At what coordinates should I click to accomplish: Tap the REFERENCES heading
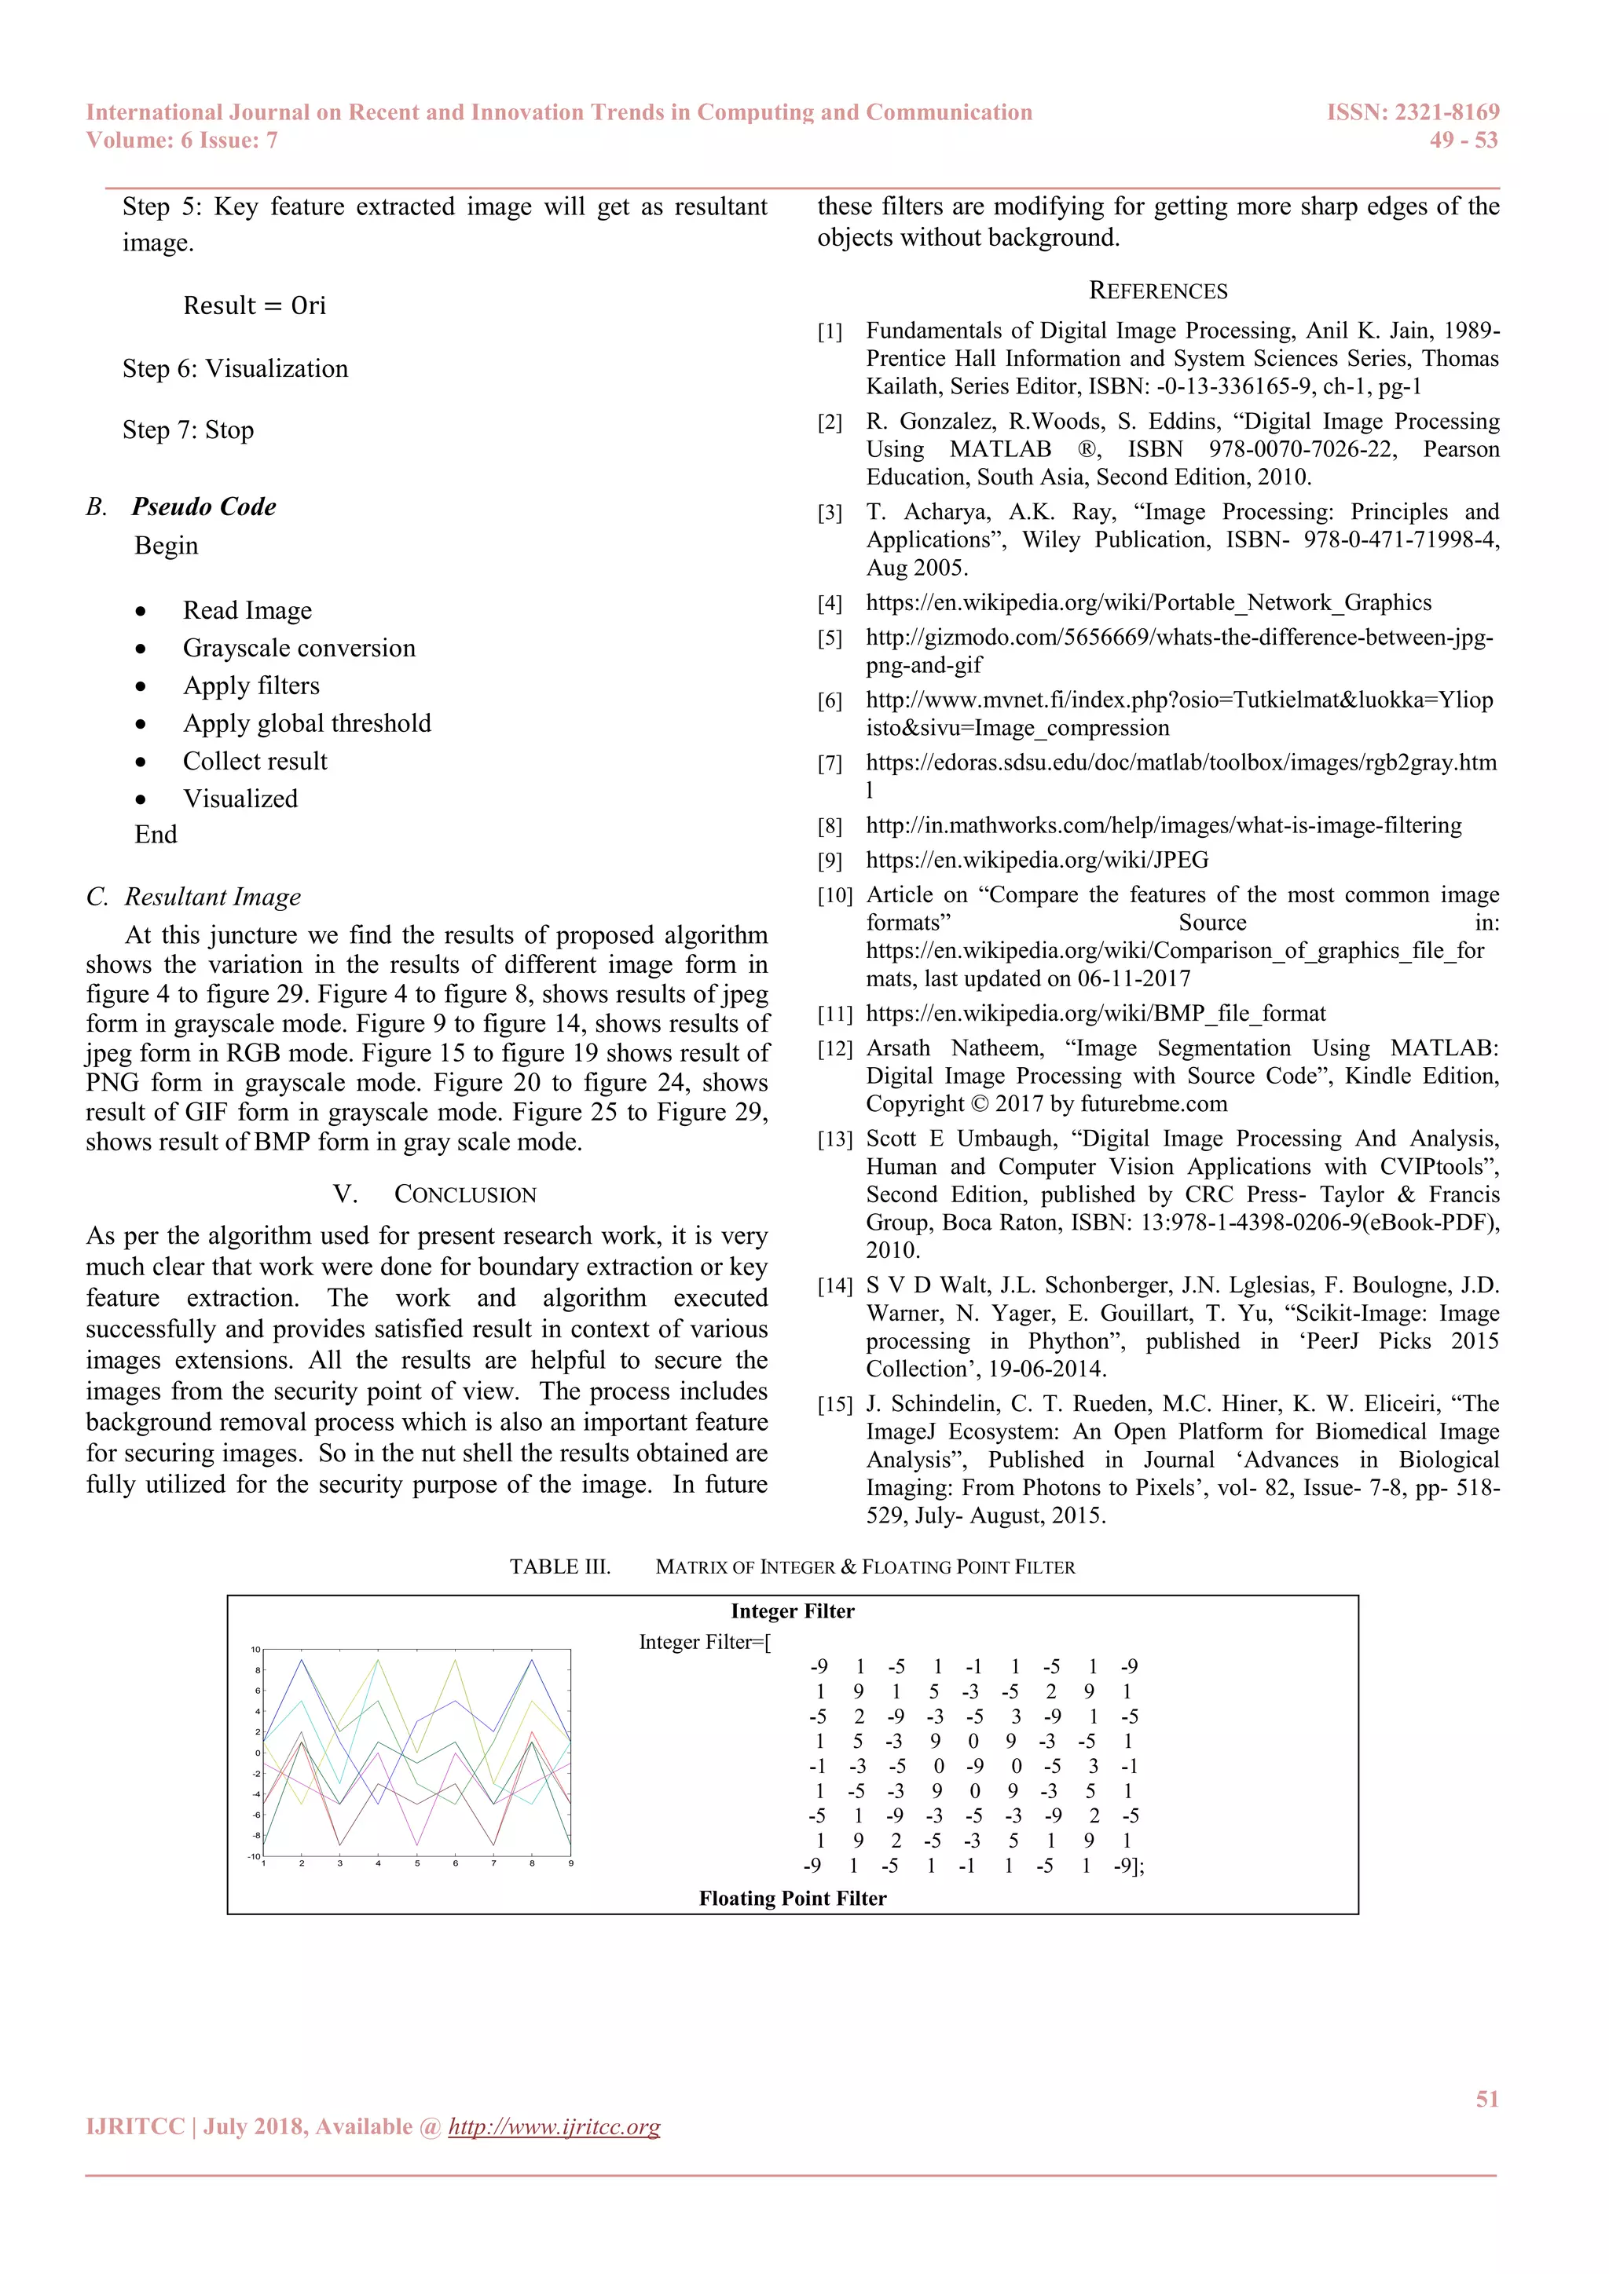point(1157,291)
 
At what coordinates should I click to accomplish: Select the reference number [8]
point(830,826)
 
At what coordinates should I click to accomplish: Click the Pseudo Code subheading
point(204,507)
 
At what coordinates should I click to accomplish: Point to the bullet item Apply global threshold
point(307,724)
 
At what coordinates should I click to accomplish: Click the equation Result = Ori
point(255,305)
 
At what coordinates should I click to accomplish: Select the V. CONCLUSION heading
point(434,1194)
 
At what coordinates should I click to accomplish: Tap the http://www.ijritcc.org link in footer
point(554,2126)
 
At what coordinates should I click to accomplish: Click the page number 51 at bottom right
point(1486,2099)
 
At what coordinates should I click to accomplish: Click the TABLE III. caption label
point(560,1567)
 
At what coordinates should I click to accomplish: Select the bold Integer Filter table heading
point(792,1611)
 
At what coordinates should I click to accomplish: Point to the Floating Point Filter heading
point(792,1898)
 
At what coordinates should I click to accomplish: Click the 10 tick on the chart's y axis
point(255,1650)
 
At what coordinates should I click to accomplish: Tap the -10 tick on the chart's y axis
point(254,1856)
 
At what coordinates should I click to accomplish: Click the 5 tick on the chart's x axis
point(417,1864)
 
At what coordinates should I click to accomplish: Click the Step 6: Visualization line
point(236,368)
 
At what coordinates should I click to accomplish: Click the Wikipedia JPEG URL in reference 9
point(1036,860)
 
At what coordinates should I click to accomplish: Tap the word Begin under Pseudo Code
point(167,546)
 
